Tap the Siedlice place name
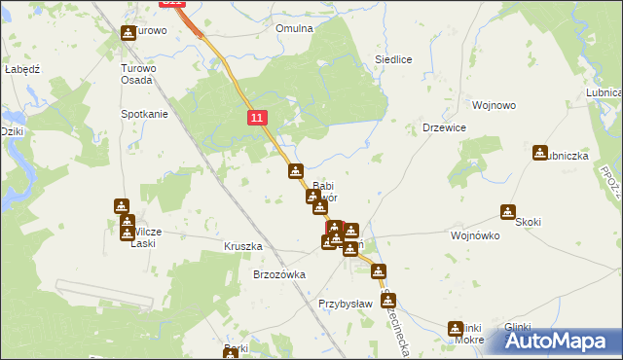(394, 59)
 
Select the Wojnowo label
(493, 105)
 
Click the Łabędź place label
(20, 70)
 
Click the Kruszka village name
(243, 246)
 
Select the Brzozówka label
(279, 274)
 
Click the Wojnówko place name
(475, 235)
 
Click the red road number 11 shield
(256, 118)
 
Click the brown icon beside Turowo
(128, 33)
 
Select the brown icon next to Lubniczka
(540, 153)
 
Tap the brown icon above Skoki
(508, 211)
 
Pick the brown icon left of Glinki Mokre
(455, 329)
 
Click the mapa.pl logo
(557, 341)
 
